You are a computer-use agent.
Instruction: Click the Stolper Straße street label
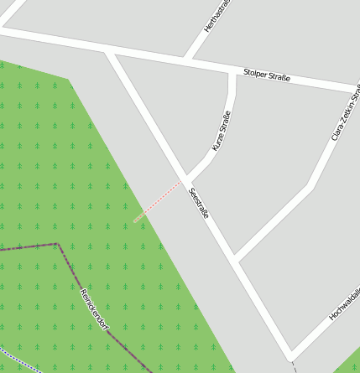[x=267, y=75]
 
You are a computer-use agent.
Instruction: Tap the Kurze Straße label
[x=221, y=131]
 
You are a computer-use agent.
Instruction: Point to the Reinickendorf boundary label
[x=94, y=308]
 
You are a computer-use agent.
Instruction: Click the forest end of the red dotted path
[x=134, y=221]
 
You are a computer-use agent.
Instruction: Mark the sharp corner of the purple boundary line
[x=57, y=244]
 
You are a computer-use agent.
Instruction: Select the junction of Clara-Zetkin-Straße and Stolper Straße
[x=355, y=89]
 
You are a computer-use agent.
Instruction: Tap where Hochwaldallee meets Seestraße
[x=290, y=355]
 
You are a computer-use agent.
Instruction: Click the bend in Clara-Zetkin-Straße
[x=311, y=186]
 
